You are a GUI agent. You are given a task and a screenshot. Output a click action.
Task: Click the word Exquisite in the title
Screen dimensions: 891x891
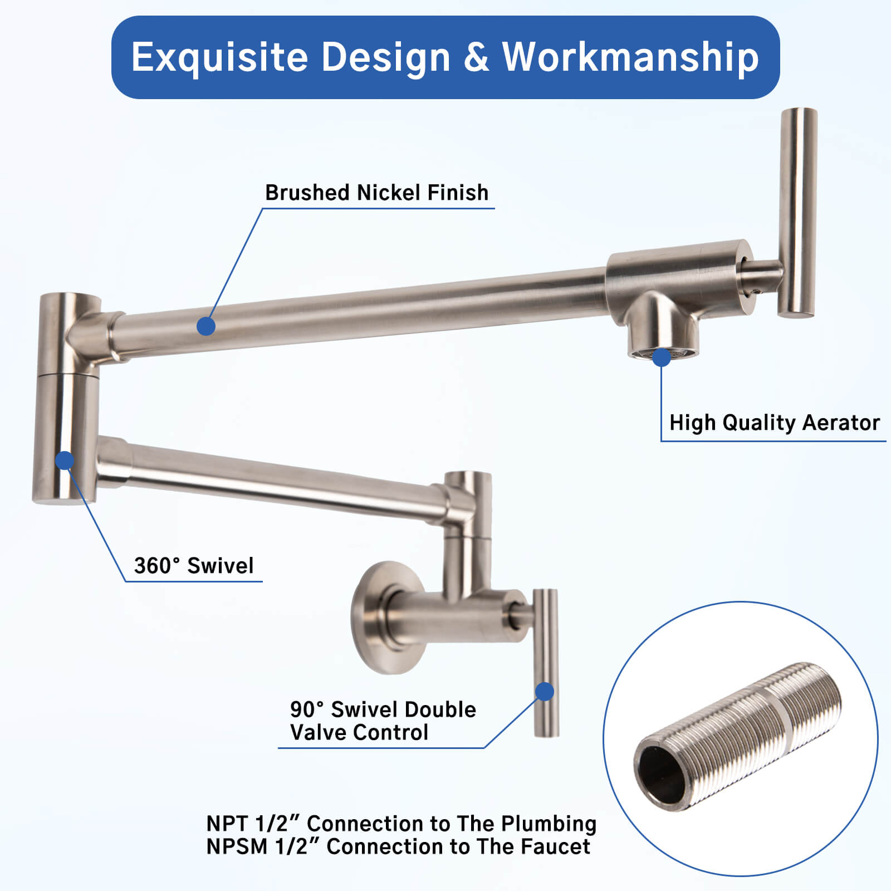click(219, 57)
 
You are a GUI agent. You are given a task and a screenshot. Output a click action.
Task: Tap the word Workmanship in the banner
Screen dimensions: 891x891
click(630, 57)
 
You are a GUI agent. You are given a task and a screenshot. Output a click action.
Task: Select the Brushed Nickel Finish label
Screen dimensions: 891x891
click(376, 193)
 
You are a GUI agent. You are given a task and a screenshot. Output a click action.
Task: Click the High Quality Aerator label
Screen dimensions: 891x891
click(774, 423)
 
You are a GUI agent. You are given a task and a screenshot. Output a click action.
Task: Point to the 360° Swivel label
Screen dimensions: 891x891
click(193, 566)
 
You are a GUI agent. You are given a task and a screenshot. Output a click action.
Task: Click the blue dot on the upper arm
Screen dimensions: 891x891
click(206, 326)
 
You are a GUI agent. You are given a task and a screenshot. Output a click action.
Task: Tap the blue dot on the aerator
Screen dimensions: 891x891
click(662, 358)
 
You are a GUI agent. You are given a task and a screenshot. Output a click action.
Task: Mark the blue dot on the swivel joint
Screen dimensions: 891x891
click(65, 461)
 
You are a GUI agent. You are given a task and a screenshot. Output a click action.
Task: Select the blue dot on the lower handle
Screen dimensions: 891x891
click(545, 692)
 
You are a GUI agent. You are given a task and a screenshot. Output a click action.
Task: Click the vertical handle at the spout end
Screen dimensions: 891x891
click(797, 212)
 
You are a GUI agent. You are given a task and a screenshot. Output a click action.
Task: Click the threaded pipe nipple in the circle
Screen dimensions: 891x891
click(741, 735)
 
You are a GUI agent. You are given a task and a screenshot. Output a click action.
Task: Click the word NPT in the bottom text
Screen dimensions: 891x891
click(227, 824)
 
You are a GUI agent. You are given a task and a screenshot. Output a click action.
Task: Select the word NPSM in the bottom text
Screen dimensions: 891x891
click(237, 847)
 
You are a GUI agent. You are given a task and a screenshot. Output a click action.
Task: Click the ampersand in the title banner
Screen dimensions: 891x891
click(477, 57)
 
